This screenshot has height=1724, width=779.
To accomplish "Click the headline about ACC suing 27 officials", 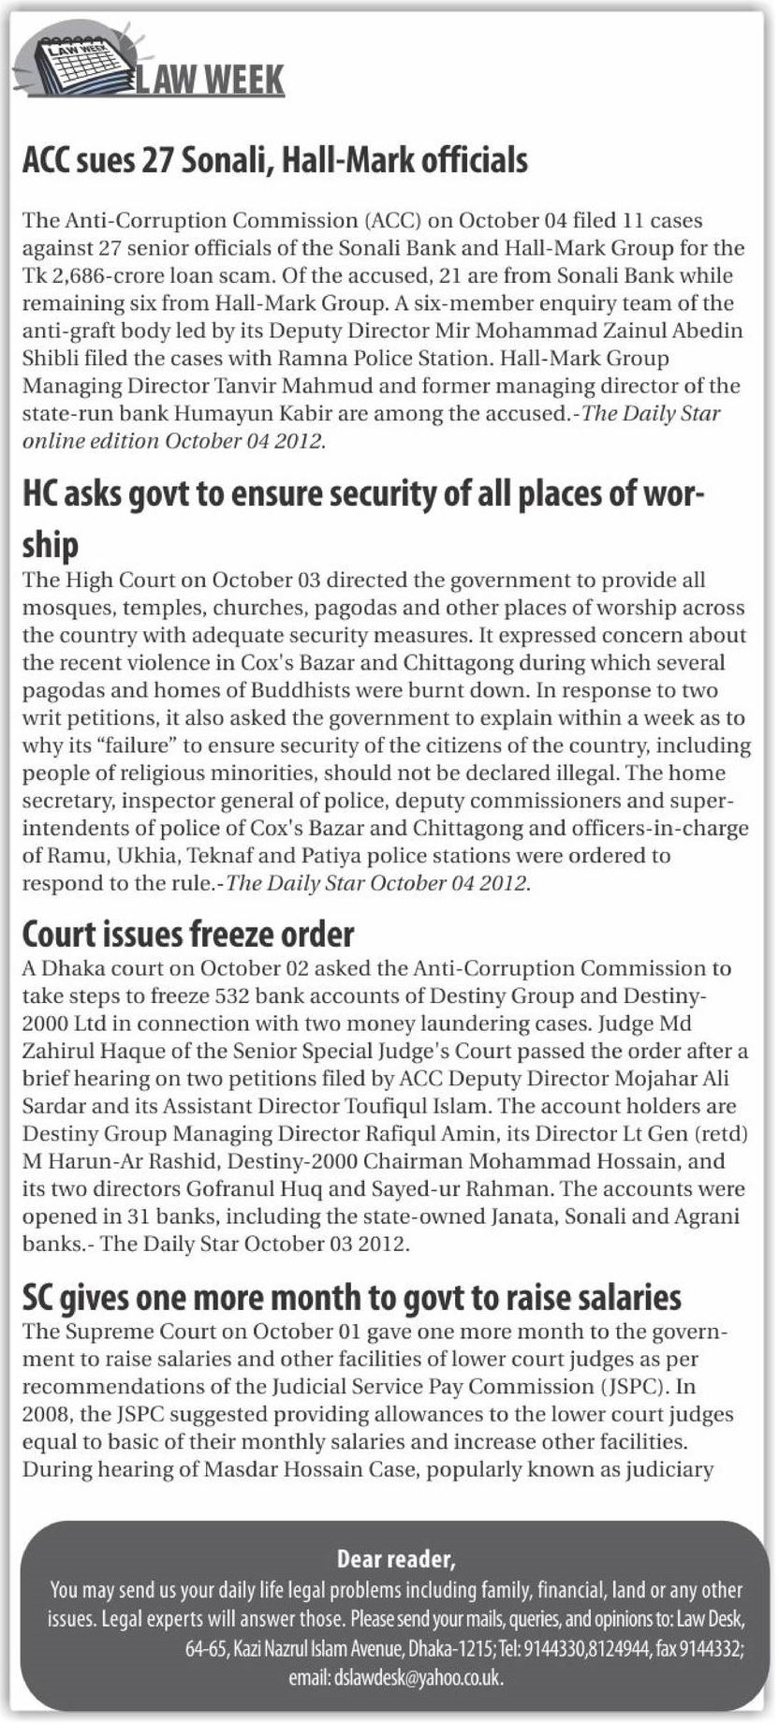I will pos(274,161).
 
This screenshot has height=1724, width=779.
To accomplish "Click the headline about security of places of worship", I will pos(363,494).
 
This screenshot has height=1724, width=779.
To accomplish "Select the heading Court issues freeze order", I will pos(188,934).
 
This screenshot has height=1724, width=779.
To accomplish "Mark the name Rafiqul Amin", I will pos(432,1134).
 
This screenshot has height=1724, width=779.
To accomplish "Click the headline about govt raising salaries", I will pos(351,1298).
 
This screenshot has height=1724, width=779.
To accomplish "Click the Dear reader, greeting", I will pos(396,1560).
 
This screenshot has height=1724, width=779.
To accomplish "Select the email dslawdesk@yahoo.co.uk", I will pos(418,1679).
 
